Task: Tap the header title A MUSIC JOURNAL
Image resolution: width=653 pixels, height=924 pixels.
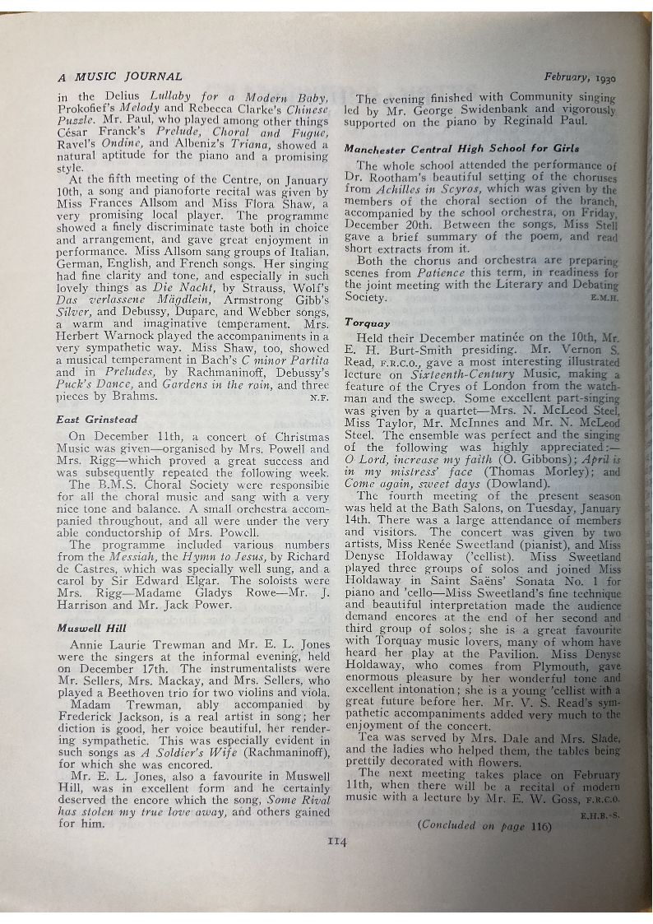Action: click(x=120, y=77)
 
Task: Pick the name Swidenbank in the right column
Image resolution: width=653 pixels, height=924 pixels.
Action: click(x=516, y=110)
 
